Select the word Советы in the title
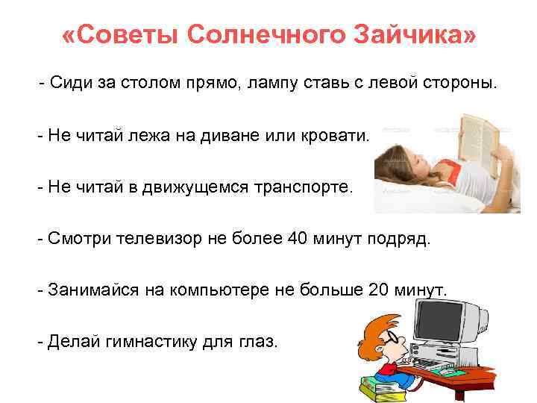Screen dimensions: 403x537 [x=121, y=36]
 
